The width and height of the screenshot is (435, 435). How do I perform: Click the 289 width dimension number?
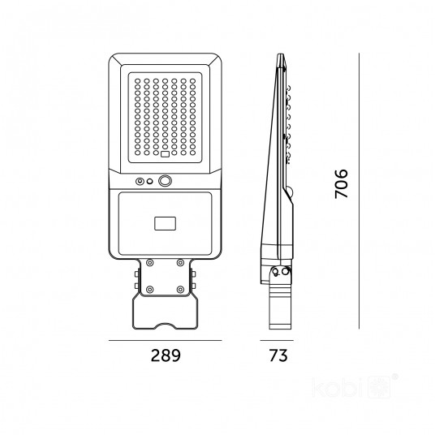pyautogui.click(x=166, y=355)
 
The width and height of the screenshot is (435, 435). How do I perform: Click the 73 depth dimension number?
pyautogui.click(x=278, y=355)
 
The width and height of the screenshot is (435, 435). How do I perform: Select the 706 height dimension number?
pyautogui.click(x=341, y=183)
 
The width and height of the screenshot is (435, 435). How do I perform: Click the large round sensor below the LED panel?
pyautogui.click(x=165, y=181)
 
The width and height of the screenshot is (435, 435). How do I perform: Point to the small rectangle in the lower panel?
pyautogui.click(x=165, y=224)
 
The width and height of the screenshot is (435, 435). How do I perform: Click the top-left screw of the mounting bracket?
pyautogui.click(x=150, y=262)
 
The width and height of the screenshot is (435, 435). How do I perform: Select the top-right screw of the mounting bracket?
pyautogui.click(x=180, y=262)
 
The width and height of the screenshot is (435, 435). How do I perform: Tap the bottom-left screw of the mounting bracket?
pyautogui.click(x=150, y=290)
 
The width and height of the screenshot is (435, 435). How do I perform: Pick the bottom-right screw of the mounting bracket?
pyautogui.click(x=180, y=290)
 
